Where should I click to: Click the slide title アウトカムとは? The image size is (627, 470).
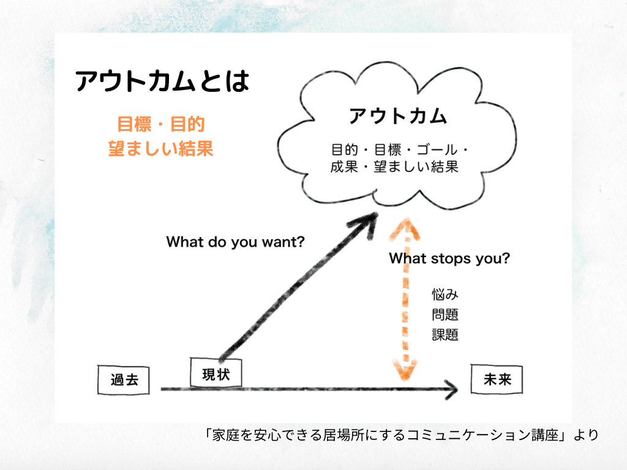[x=162, y=81]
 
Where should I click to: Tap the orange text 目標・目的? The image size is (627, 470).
[x=161, y=124]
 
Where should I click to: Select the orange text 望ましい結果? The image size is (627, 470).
[x=161, y=148]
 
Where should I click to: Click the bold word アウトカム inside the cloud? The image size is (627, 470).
[x=398, y=116]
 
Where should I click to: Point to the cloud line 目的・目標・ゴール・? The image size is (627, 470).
[x=399, y=150]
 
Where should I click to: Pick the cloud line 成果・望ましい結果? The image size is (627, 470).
[x=394, y=166]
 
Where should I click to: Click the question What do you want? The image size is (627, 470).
[x=235, y=242]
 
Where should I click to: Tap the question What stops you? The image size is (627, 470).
[x=449, y=258]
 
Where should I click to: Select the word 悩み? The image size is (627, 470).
[x=445, y=294]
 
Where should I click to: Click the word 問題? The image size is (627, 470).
[x=445, y=315]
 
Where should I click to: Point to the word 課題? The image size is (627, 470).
[x=445, y=335]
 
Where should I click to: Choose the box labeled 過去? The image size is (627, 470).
[x=124, y=379]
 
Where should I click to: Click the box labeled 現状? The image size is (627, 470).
[x=216, y=373]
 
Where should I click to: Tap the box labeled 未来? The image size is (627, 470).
[x=497, y=379]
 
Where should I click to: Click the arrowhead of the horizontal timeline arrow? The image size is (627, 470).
[x=452, y=389]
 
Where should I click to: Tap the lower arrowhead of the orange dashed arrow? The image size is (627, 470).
[x=405, y=370]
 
